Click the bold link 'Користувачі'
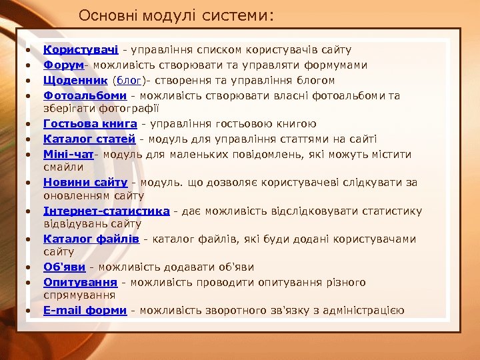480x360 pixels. (81, 49)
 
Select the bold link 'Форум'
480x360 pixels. (63, 65)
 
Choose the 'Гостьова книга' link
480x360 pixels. (90, 123)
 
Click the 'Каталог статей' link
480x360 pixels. (89, 139)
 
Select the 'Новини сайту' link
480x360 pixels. (85, 181)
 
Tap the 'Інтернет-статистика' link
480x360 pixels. (106, 211)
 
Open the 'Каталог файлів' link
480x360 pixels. (91, 239)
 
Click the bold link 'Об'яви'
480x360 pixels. (65, 267)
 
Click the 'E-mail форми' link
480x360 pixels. (85, 311)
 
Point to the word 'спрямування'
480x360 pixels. (79, 294)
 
